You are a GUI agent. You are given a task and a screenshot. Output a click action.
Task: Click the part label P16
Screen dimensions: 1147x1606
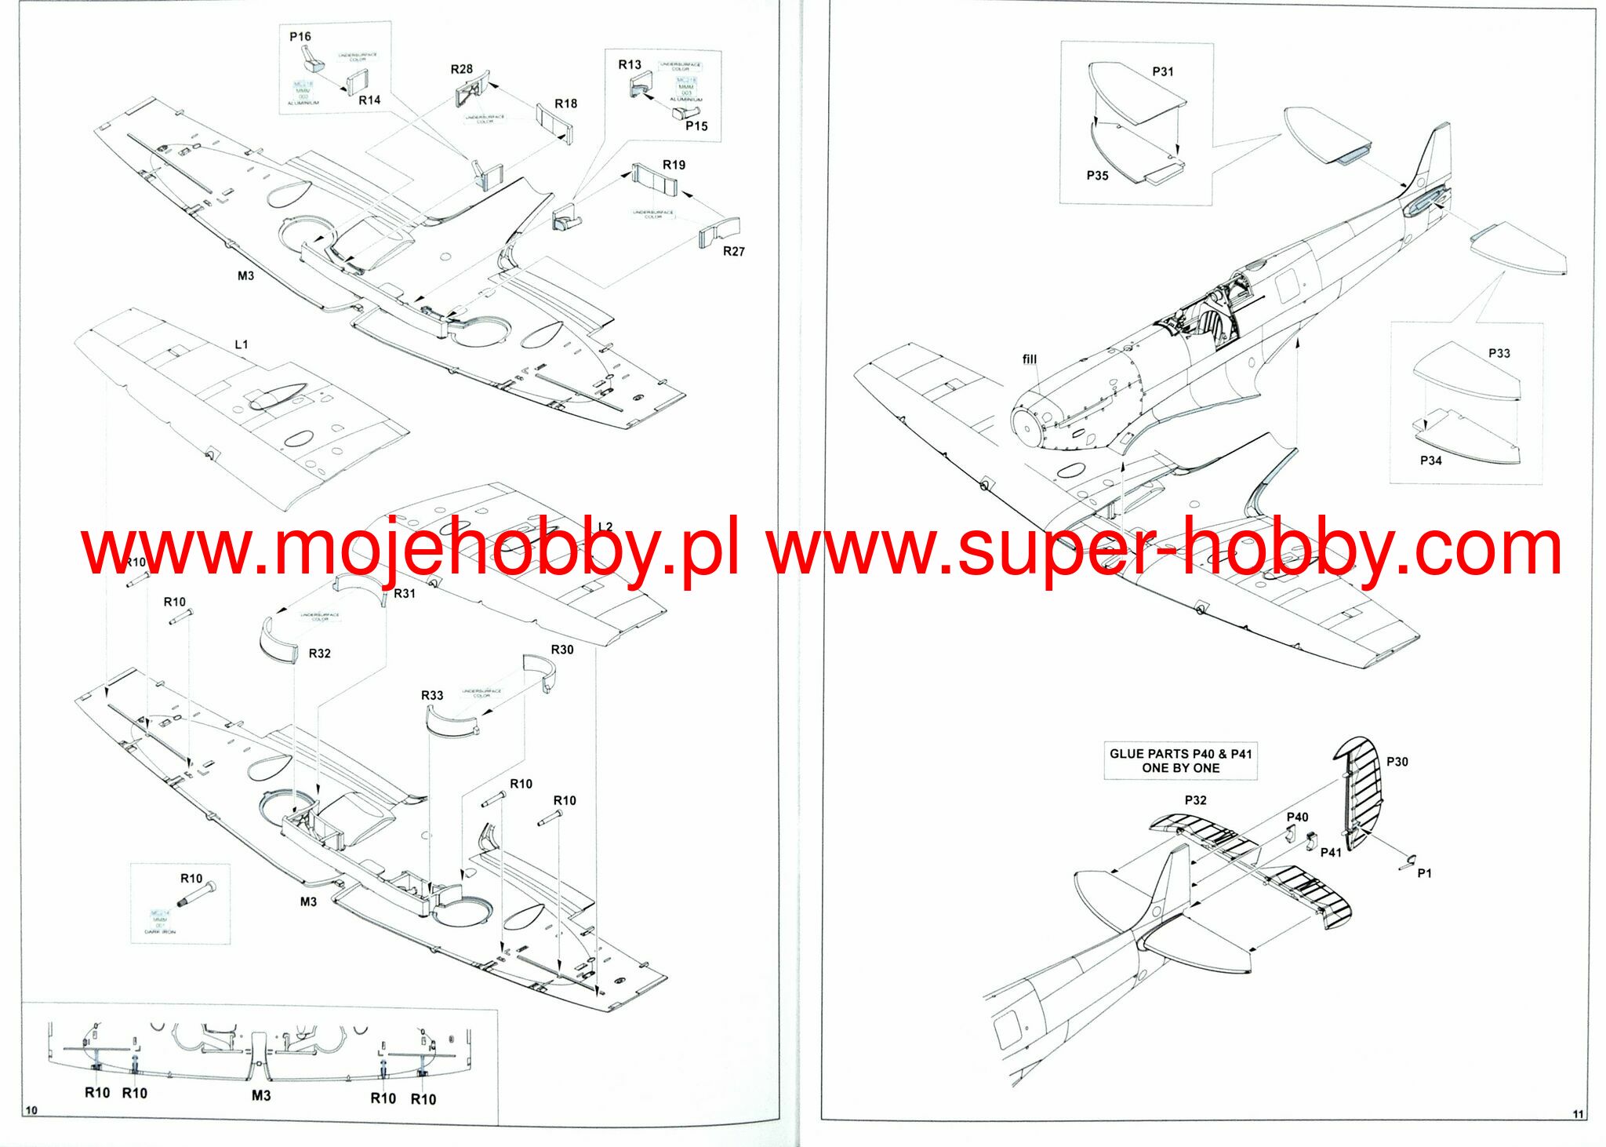[300, 37]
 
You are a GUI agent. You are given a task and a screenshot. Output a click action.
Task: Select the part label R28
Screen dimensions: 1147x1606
[461, 69]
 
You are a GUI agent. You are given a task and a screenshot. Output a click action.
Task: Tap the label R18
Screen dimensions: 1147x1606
[565, 104]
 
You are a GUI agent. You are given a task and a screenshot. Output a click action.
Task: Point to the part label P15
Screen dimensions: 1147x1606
[696, 126]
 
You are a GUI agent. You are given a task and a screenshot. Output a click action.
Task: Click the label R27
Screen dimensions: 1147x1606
[733, 251]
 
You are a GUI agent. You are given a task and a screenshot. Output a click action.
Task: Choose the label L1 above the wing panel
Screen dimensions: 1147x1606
[242, 344]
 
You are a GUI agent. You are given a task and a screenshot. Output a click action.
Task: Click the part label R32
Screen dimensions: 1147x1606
[319, 654]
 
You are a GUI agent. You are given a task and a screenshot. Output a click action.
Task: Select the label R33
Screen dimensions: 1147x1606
[432, 695]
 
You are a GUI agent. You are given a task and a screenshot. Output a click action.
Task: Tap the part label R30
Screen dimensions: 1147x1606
[561, 650]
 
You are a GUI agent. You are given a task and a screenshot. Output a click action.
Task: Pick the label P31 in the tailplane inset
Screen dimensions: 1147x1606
[1163, 71]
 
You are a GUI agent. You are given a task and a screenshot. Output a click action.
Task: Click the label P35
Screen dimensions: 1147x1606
[1097, 176]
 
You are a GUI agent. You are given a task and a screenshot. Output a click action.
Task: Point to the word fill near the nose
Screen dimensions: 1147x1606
[1030, 359]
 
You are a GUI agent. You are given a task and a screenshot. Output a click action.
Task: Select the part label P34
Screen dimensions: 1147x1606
[1430, 461]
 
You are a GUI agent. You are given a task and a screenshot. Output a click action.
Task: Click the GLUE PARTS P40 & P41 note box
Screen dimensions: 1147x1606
[1180, 761]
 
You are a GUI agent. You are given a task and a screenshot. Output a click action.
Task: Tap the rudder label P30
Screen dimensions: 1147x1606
[1397, 762]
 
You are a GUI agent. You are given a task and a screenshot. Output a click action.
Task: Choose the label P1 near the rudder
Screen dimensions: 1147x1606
[1424, 873]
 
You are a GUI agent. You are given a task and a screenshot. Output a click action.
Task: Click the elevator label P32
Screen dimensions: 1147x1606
[1195, 800]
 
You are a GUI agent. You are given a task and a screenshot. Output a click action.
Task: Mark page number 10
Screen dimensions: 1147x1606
[31, 1110]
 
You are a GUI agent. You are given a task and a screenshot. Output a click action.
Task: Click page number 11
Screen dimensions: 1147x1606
[1578, 1114]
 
